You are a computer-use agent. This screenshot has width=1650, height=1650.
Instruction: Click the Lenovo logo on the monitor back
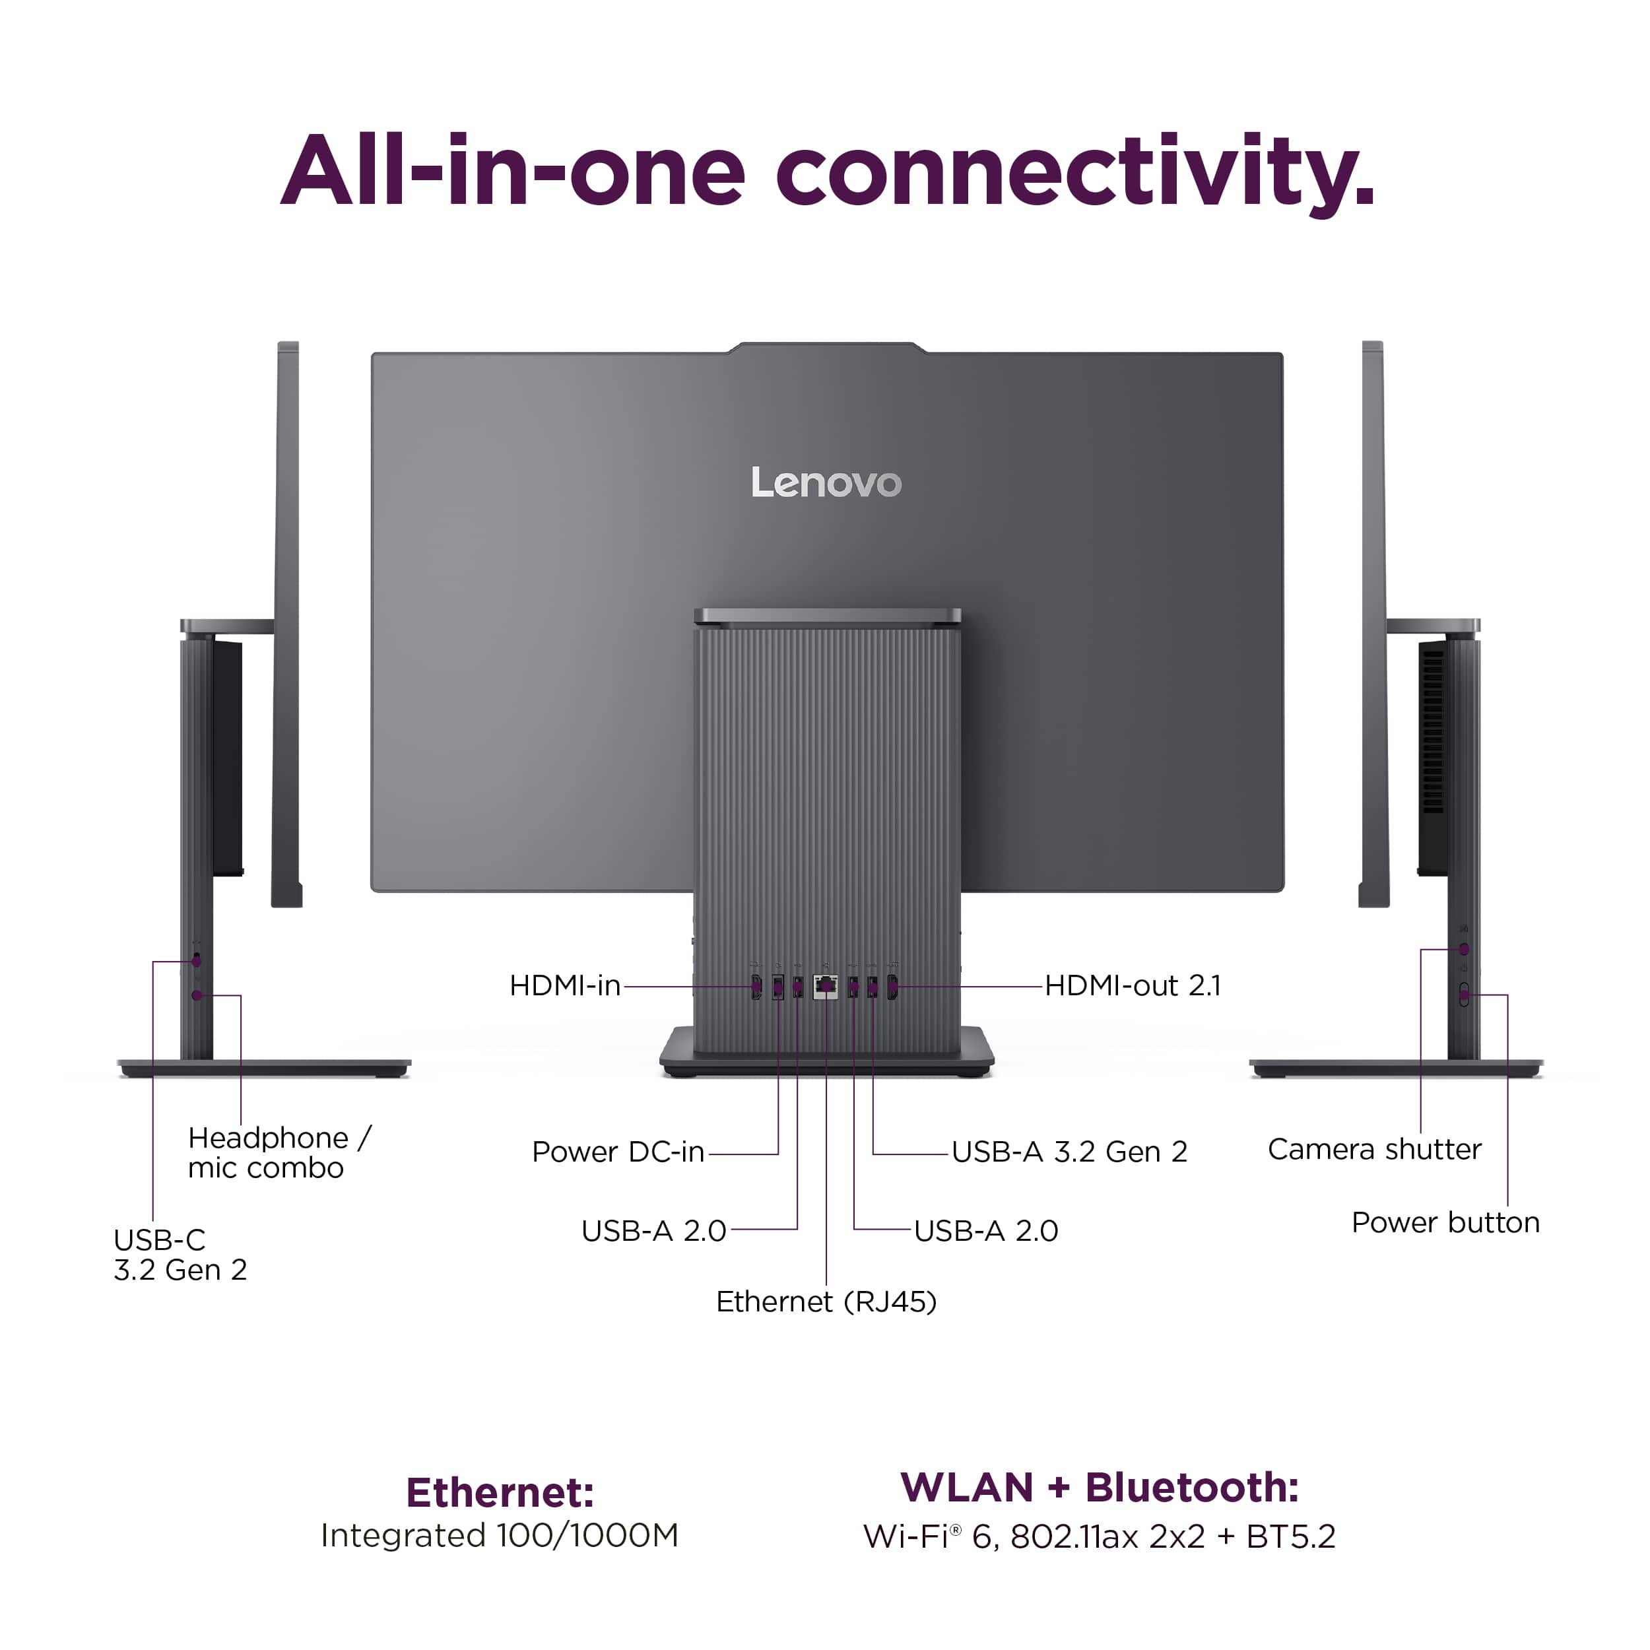coord(826,482)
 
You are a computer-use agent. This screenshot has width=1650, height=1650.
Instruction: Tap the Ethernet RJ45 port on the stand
coord(826,987)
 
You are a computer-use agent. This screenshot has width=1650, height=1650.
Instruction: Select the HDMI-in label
coord(564,985)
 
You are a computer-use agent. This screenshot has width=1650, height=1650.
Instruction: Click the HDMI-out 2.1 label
coord(1133,985)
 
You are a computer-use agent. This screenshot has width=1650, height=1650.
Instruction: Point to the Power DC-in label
coord(618,1152)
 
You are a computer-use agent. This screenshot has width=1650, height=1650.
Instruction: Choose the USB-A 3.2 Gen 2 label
coord(1069,1152)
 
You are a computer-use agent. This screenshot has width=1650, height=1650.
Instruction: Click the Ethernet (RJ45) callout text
coord(826,1302)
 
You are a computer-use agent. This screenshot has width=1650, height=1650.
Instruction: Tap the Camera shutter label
coord(1374,1150)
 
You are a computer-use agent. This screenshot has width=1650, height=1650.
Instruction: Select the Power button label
coord(1445,1223)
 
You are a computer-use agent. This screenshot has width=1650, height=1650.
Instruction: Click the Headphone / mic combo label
coord(279,1153)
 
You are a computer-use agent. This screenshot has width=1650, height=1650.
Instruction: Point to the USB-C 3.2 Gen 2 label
coord(180,1255)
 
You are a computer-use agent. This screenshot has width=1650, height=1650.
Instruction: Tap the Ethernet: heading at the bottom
coord(500,1493)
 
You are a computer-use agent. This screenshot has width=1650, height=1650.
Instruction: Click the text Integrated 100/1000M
coord(500,1536)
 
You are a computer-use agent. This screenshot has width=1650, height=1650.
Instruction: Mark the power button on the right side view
coord(1464,995)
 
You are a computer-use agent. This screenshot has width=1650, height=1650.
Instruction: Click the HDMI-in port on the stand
coord(756,987)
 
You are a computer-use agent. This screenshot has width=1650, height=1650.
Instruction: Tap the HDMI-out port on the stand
coord(892,987)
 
